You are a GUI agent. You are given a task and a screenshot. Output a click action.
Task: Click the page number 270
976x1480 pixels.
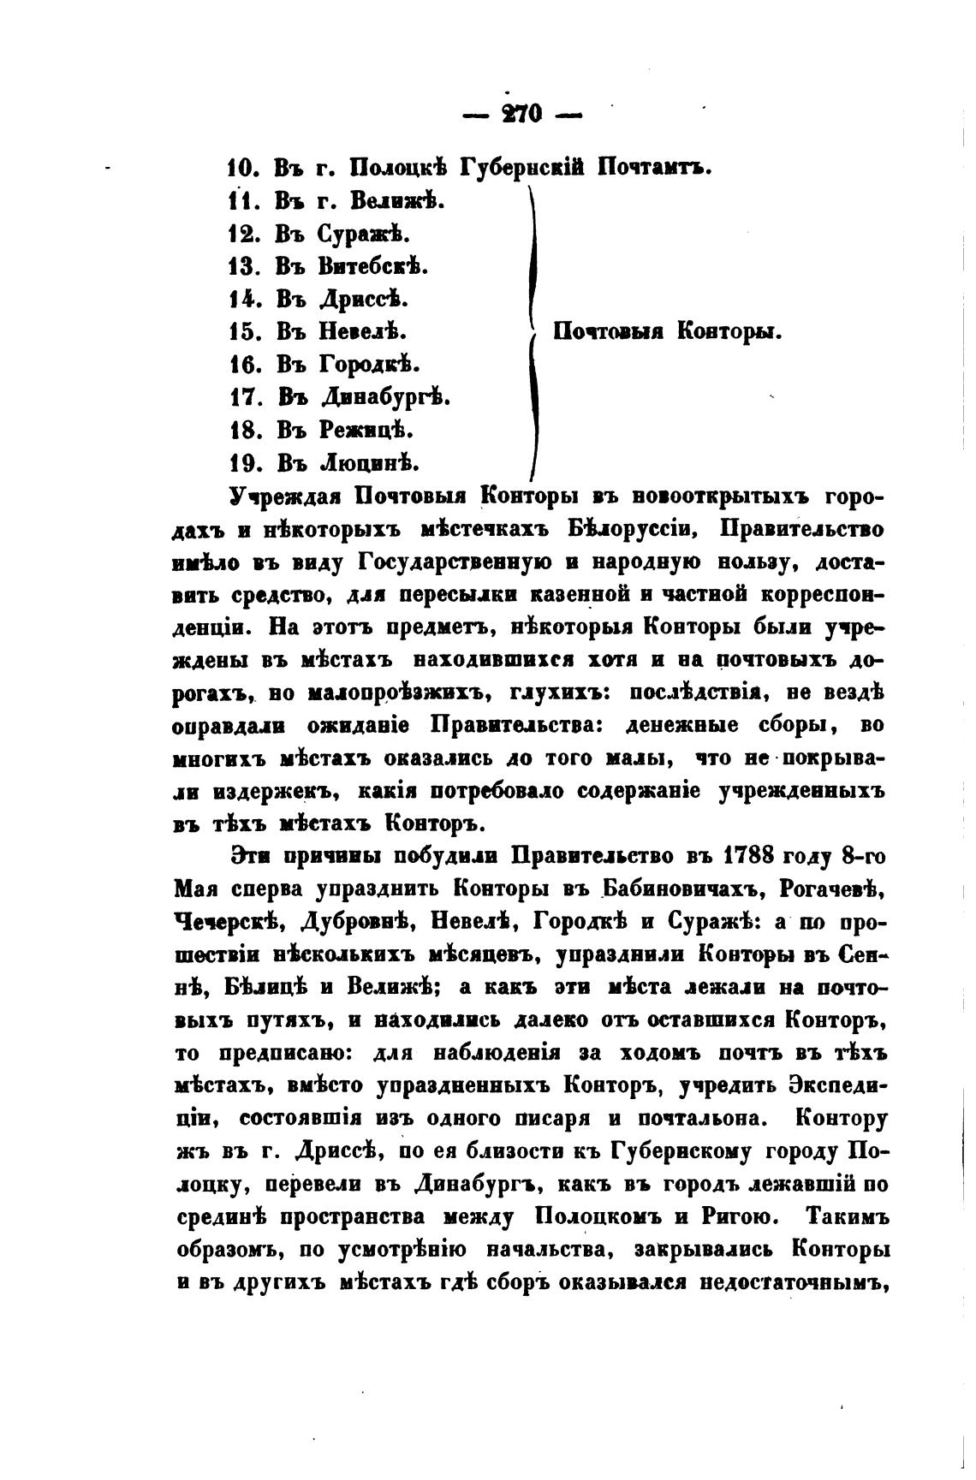coord(518,113)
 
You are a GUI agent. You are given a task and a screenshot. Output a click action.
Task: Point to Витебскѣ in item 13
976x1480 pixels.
coord(372,266)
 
